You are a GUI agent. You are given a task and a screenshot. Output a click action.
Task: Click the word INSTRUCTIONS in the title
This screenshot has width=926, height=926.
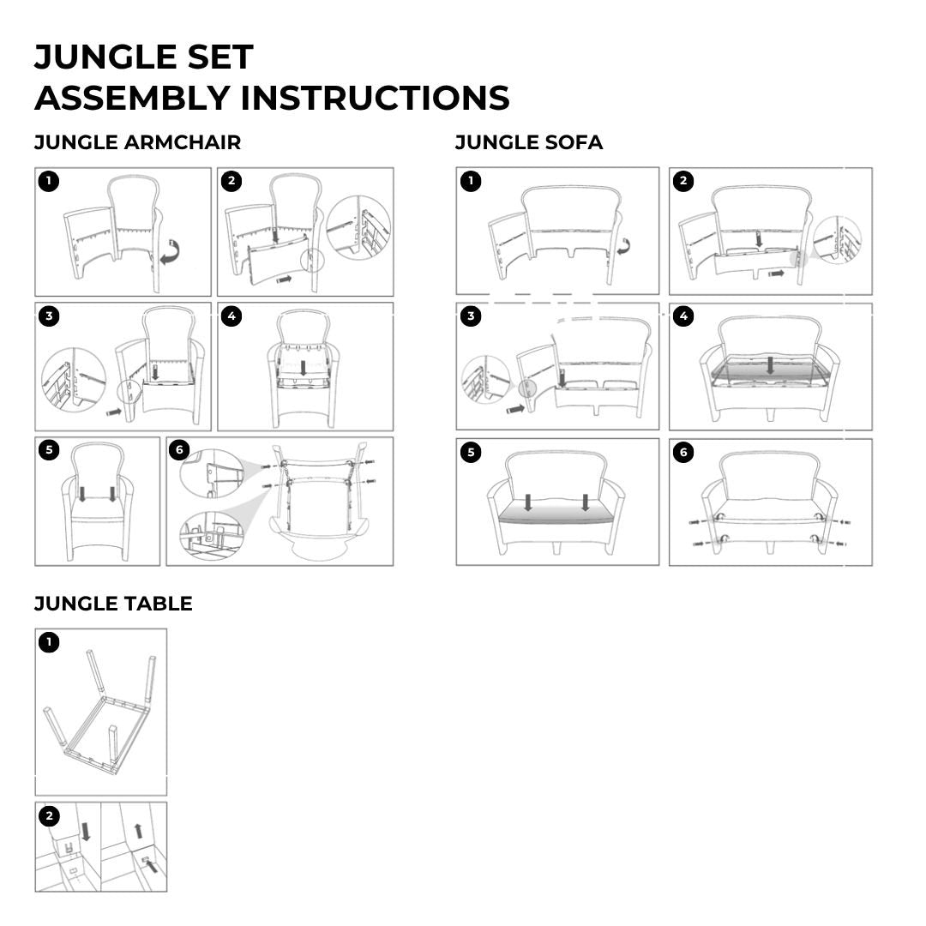point(375,98)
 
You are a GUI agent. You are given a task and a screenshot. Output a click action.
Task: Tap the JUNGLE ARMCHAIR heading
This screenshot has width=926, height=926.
point(137,142)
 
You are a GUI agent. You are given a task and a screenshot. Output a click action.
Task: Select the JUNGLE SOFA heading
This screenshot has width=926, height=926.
point(529,142)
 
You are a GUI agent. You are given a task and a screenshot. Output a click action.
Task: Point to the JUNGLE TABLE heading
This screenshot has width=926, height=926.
point(113,604)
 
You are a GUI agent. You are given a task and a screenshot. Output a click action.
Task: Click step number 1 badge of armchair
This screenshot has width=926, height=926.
point(49,181)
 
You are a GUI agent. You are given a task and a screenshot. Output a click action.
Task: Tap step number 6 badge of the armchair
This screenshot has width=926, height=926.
point(179,451)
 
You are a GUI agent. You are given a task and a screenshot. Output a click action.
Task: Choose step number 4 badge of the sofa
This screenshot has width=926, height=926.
point(684,316)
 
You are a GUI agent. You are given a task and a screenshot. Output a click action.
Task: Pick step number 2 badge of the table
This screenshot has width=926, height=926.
point(49,817)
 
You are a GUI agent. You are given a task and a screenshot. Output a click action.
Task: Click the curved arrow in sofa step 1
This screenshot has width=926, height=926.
point(623,246)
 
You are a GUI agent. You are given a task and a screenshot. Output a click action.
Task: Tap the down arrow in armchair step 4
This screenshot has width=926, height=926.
point(304,368)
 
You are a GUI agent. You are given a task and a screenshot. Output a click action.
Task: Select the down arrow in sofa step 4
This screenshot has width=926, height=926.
point(770,364)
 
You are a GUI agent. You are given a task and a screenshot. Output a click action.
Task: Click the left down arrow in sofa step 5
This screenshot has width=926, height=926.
point(528,502)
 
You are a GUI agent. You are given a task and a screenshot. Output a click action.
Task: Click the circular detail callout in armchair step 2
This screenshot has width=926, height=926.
point(358,227)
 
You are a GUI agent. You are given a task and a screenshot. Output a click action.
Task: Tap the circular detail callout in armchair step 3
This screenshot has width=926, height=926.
point(74,380)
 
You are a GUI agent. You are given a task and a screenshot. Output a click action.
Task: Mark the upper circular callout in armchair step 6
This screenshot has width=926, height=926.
point(212,473)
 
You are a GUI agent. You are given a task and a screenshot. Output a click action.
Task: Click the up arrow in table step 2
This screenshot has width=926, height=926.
point(139,831)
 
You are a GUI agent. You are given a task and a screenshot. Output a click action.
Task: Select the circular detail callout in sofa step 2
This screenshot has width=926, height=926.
point(837,240)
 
